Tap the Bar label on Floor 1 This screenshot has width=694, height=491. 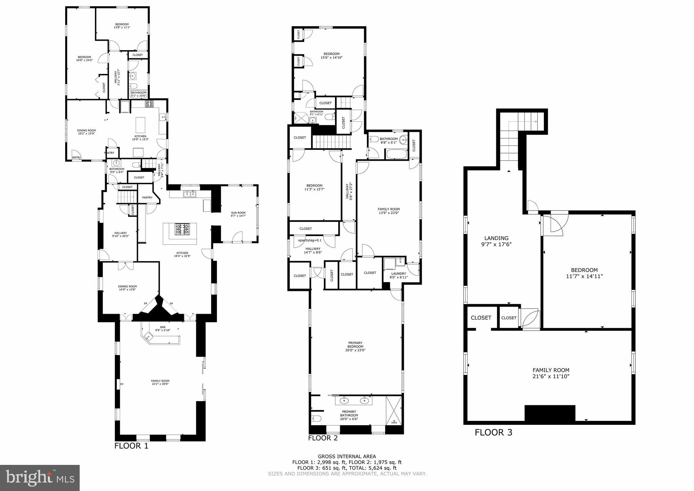(x=163, y=327)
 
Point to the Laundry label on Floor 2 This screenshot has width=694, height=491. (x=398, y=274)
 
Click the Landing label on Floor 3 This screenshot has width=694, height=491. (x=496, y=238)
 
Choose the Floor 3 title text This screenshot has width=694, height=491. (x=493, y=432)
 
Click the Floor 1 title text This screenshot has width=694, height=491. (x=131, y=446)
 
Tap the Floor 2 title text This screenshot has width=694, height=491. (x=323, y=438)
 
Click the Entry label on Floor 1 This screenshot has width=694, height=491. (x=76, y=157)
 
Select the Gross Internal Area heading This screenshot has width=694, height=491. (x=347, y=456)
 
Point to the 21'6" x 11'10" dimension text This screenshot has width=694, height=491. (x=551, y=376)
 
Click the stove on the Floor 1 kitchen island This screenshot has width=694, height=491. (x=182, y=229)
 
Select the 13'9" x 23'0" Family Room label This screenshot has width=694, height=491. (x=389, y=211)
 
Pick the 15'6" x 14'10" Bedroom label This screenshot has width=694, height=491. (x=331, y=56)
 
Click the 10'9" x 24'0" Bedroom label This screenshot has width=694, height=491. (x=84, y=59)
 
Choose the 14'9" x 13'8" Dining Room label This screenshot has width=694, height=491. (x=127, y=288)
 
